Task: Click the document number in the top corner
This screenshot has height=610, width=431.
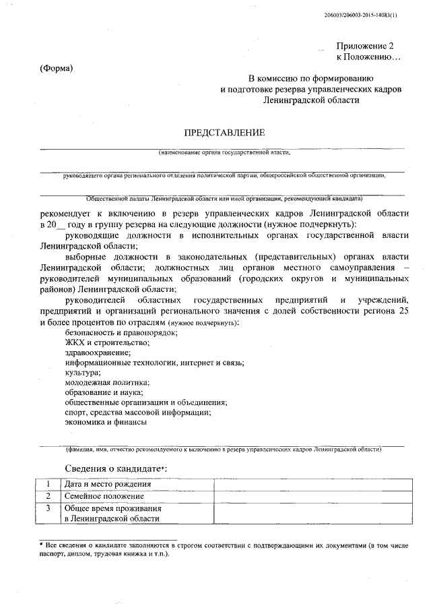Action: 370,14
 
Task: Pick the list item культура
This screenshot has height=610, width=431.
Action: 83,372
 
